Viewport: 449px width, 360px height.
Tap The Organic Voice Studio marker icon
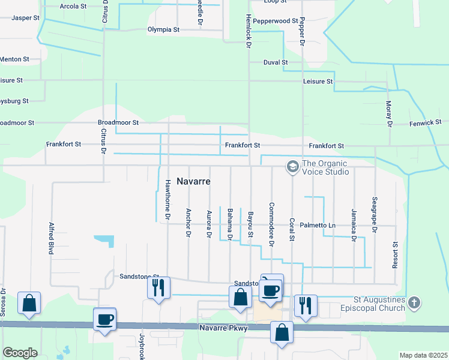tap(293, 166)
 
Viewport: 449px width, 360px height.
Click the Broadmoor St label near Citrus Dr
tap(118, 122)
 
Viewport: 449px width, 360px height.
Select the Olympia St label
tap(164, 29)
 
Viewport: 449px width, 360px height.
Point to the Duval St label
tap(276, 62)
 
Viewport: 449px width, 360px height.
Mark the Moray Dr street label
tap(388, 114)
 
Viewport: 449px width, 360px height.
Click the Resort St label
tap(396, 255)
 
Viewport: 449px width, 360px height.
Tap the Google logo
tap(20, 352)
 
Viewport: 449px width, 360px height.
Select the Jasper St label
tap(25, 18)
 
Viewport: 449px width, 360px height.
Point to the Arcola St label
tap(74, 7)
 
